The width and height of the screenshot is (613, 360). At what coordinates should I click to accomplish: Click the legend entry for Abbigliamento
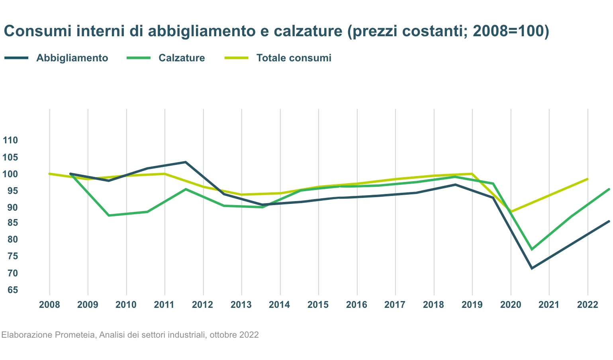pyautogui.click(x=72, y=58)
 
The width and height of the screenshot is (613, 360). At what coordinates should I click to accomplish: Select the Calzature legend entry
pyautogui.click(x=182, y=58)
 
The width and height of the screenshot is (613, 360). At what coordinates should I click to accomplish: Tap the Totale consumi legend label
pyautogui.click(x=294, y=58)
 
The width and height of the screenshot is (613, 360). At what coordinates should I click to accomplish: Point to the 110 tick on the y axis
pyautogui.click(x=10, y=140)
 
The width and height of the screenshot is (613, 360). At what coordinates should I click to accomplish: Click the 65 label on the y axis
pyautogui.click(x=12, y=290)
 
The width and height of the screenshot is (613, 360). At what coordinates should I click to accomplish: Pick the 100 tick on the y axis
pyautogui.click(x=10, y=174)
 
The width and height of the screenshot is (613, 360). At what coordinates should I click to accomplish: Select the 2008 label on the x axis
pyautogui.click(x=50, y=305)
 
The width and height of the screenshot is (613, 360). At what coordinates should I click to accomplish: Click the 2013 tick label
pyautogui.click(x=241, y=305)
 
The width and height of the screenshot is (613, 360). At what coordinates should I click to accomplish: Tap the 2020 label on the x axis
pyautogui.click(x=511, y=305)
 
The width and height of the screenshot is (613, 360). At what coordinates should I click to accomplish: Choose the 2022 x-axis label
pyautogui.click(x=588, y=305)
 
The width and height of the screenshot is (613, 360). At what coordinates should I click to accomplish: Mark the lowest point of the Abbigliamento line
pyautogui.click(x=532, y=268)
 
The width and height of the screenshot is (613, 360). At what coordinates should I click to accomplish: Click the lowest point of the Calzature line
pyautogui.click(x=532, y=249)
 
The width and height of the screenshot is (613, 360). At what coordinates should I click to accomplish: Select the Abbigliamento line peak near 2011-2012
pyautogui.click(x=186, y=162)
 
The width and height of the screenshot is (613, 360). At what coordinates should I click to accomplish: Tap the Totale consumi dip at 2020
pyautogui.click(x=511, y=212)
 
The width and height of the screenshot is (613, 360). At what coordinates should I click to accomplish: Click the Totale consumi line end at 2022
pyautogui.click(x=588, y=179)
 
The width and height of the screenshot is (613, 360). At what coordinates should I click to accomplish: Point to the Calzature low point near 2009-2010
pyautogui.click(x=109, y=215)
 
